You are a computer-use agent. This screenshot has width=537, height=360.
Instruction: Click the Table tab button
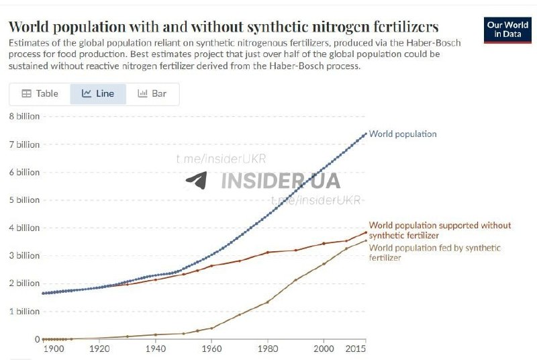40,94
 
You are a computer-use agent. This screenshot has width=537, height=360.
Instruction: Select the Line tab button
98,94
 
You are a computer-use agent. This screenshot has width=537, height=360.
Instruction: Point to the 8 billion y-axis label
24,116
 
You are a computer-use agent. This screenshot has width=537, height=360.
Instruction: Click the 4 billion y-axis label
24,228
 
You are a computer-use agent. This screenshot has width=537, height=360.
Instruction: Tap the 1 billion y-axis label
24,311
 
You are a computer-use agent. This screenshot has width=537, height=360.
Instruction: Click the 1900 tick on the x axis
53,349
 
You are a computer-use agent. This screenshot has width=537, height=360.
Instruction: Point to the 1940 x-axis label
156,349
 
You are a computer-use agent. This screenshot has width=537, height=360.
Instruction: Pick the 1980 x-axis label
268,349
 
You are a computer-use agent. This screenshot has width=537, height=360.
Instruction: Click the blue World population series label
403,134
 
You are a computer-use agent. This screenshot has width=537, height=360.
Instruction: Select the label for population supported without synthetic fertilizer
440,230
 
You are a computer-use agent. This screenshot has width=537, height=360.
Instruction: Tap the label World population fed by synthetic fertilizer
435,253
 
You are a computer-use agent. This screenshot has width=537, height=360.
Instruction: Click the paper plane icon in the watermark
197,180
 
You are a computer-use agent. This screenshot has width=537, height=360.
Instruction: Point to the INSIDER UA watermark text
281,181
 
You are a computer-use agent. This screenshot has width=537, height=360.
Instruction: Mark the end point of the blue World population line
366,134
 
